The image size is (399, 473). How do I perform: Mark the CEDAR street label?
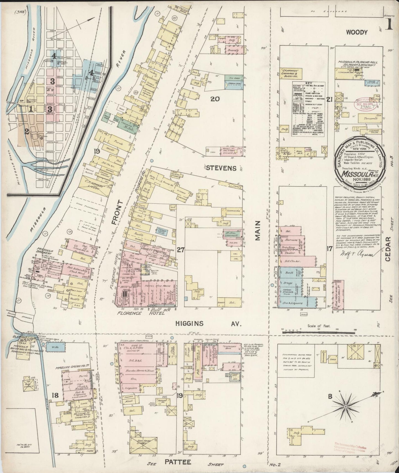388,249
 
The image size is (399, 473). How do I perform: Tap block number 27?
181,250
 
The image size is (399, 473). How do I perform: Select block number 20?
215,99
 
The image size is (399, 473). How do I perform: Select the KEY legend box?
308,108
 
